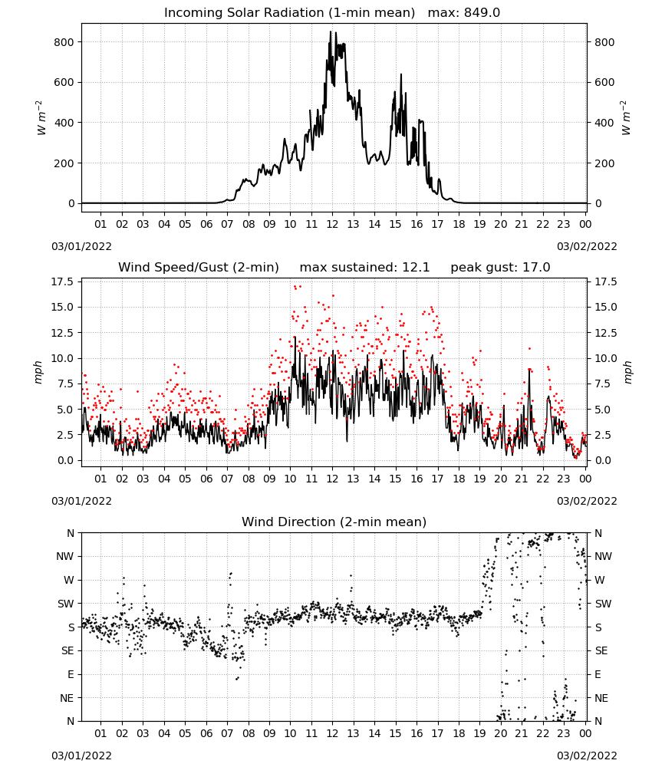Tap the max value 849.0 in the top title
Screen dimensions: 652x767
pyautogui.click(x=482, y=12)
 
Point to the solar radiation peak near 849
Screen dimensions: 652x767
pyautogui.click(x=330, y=31)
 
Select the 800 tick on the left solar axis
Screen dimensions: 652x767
pyautogui.click(x=64, y=42)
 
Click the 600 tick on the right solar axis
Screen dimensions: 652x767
pyautogui.click(x=604, y=82)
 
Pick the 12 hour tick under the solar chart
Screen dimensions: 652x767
pyautogui.click(x=332, y=224)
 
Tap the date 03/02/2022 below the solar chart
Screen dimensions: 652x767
pyautogui.click(x=587, y=246)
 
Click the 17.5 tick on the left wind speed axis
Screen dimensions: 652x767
pyautogui.click(x=61, y=281)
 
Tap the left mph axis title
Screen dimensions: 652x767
pyautogui.click(x=38, y=373)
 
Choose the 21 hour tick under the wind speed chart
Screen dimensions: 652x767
pyautogui.click(x=522, y=479)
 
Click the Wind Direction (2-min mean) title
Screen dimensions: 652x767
pyautogui.click(x=334, y=522)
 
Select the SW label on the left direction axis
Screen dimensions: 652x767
pyautogui.click(x=66, y=604)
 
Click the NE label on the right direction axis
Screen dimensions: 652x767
pyautogui.click(x=601, y=698)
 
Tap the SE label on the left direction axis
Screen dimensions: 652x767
pyautogui.click(x=68, y=650)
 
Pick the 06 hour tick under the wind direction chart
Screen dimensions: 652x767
pyautogui.click(x=206, y=733)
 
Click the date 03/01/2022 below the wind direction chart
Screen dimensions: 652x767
pyautogui.click(x=81, y=755)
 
